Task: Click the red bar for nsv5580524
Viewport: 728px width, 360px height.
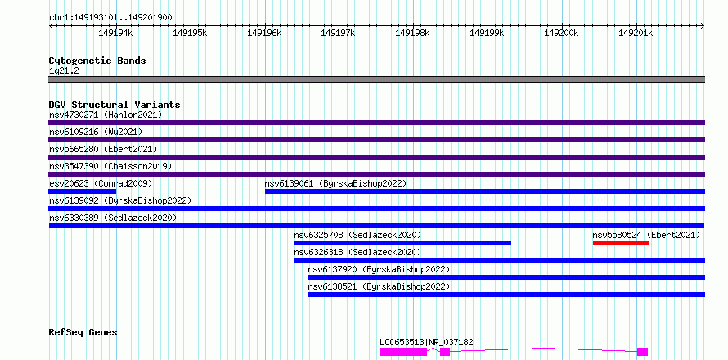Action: pos(621,243)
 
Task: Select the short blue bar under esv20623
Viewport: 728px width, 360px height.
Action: pos(82,191)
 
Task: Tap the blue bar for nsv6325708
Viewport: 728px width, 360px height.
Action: pos(402,243)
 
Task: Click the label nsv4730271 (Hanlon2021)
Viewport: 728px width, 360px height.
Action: pos(106,115)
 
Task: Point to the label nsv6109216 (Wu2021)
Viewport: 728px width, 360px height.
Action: pos(96,132)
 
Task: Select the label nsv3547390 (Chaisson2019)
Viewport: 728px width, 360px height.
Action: pos(110,166)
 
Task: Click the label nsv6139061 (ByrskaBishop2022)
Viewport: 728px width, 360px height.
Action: pos(335,183)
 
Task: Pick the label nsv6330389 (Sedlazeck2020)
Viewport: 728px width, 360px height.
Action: pos(113,218)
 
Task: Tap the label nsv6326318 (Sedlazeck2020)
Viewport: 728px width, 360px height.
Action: pos(358,252)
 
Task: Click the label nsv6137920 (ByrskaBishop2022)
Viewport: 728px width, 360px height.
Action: pos(379,269)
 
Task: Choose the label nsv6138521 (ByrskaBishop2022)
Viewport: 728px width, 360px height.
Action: pos(379,286)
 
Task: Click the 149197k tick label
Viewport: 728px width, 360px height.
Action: pos(338,33)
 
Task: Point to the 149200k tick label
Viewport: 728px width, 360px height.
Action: pos(561,33)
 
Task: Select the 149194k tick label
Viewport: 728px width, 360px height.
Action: pos(115,33)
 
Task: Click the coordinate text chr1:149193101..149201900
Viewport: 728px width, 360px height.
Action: pos(110,18)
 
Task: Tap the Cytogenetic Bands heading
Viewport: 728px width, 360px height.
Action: pos(97,61)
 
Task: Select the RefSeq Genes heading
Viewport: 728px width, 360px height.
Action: pos(83,333)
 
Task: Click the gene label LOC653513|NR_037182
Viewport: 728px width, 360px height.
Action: pos(427,342)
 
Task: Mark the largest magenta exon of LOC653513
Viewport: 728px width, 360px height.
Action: pos(403,352)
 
